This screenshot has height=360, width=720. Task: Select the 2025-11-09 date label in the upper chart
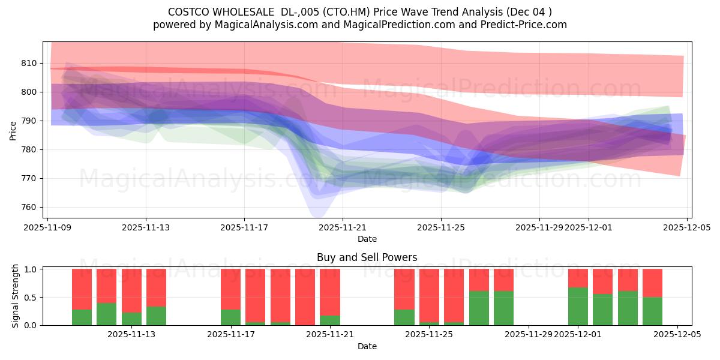tap(47, 227)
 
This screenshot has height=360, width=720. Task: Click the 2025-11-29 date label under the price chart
tap(539, 227)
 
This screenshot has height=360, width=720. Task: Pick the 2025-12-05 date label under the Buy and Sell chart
tap(677, 335)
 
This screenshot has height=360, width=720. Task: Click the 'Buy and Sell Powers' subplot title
tap(367, 257)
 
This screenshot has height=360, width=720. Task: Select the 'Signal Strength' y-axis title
tap(16, 296)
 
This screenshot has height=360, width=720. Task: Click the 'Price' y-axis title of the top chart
tap(13, 130)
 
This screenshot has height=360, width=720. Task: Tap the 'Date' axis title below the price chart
tap(367, 239)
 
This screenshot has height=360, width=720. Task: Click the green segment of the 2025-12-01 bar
tap(578, 306)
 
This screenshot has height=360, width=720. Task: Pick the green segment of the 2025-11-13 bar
tap(156, 316)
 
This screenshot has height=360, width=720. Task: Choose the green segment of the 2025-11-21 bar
tap(329, 320)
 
